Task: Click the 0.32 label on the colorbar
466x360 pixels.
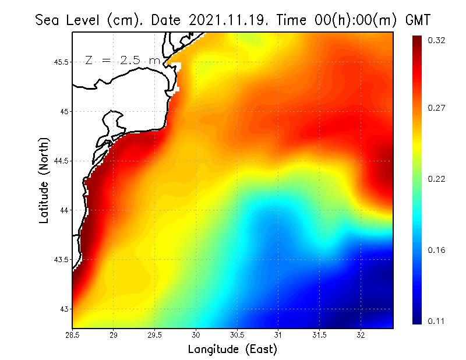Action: (436, 40)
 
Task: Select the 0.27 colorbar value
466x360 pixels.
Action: (436, 108)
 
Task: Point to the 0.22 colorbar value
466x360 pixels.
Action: (436, 179)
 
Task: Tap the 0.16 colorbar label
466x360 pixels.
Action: (436, 250)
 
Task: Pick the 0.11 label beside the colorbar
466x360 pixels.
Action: (436, 321)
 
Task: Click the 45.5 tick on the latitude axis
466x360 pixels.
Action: (60, 62)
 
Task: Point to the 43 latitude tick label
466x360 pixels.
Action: (64, 309)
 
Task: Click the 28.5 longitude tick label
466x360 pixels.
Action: (73, 335)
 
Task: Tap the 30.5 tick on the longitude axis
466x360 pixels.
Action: (237, 335)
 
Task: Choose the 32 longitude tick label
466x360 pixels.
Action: (361, 335)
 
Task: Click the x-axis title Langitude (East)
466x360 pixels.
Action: (232, 349)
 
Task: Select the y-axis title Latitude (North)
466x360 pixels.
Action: (44, 180)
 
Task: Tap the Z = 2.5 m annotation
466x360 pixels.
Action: (122, 60)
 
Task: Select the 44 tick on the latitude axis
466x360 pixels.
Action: (64, 210)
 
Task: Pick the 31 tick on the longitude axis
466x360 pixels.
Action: (278, 335)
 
